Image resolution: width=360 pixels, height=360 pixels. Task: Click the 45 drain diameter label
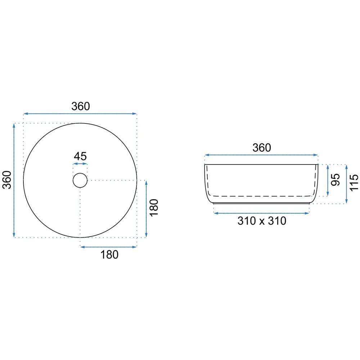click(x=80, y=156)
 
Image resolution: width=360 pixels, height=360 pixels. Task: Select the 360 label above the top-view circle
click(x=81, y=106)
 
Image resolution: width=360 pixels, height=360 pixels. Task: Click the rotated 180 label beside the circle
click(x=154, y=208)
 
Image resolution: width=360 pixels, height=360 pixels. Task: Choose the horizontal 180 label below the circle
click(x=109, y=255)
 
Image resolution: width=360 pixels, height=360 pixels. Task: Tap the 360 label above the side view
click(x=262, y=148)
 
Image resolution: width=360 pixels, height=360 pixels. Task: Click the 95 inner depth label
click(x=336, y=180)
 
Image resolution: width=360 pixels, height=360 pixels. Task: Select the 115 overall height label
click(x=354, y=182)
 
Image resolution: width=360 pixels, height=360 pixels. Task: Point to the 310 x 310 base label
click(x=262, y=221)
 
